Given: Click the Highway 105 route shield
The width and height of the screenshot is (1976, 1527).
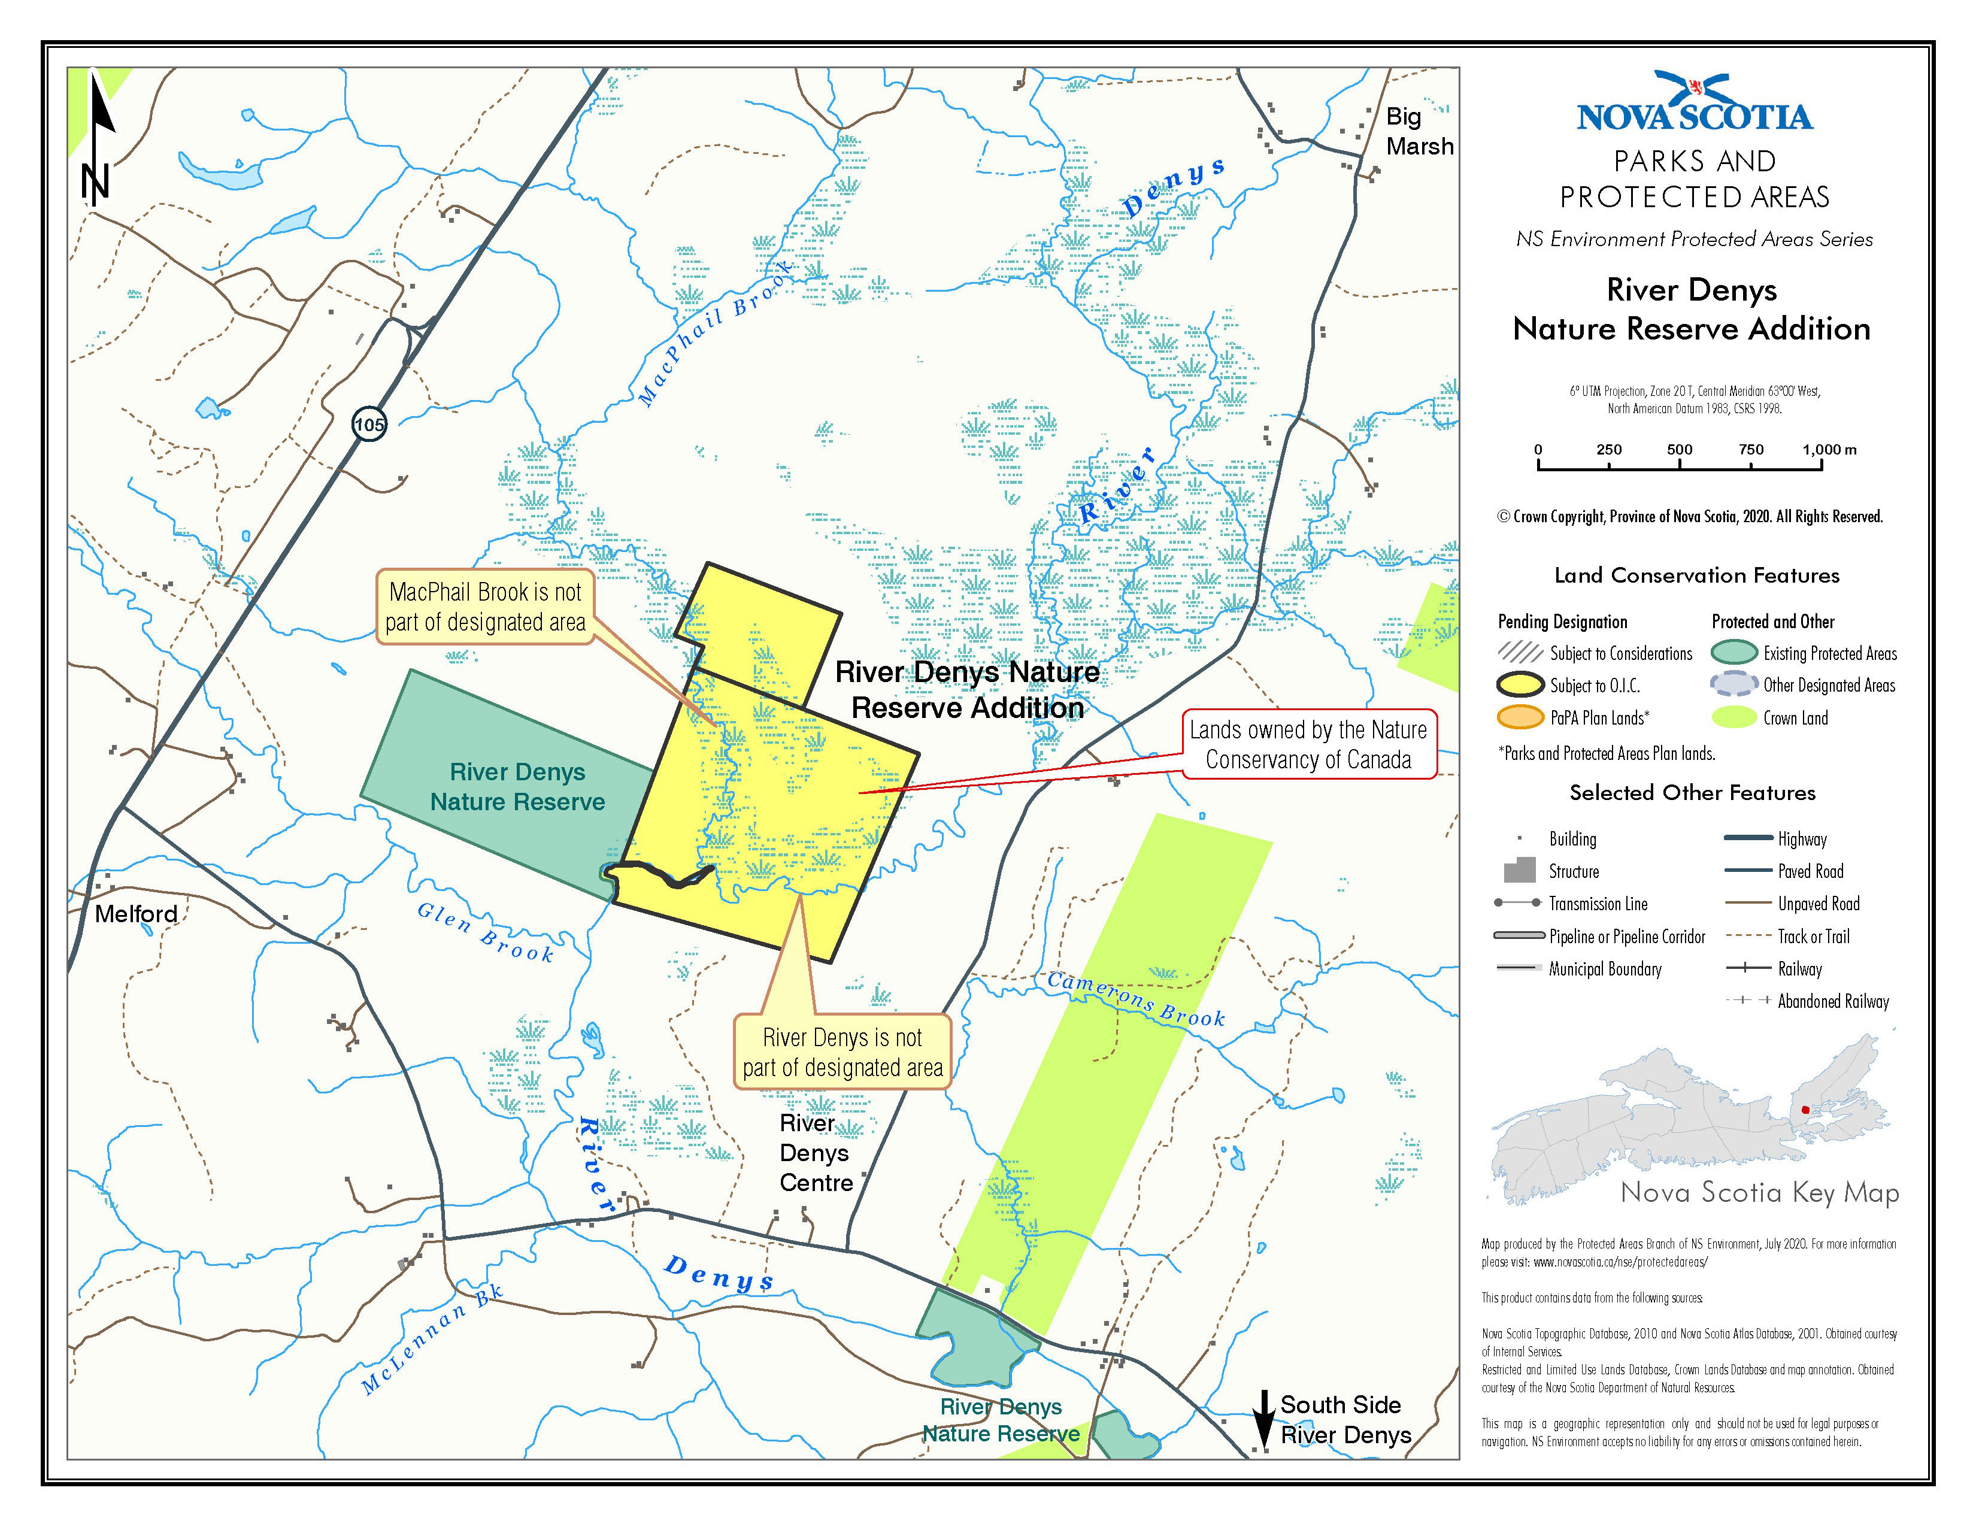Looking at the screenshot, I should [369, 425].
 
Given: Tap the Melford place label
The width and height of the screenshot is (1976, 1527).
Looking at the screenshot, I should [136, 914].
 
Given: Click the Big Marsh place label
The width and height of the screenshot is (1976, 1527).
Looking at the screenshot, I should [1419, 131].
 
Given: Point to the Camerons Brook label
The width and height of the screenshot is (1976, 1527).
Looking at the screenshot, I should [1135, 999].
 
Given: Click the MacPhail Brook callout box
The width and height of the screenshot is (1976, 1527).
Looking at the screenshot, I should [485, 607].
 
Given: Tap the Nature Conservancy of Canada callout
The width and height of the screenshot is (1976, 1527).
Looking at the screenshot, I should [1308, 744].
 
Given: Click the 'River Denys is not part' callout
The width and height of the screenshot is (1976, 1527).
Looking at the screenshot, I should [842, 1052].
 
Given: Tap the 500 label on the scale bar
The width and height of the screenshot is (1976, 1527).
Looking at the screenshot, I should [1679, 450].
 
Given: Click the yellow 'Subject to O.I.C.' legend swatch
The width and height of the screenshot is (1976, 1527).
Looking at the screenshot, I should [1520, 685].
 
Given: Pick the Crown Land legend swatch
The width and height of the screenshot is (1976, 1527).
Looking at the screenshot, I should [1733, 717].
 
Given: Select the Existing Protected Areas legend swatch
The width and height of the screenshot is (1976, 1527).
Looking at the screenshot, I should [1733, 652].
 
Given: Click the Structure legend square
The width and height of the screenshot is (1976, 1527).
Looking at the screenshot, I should [1520, 870].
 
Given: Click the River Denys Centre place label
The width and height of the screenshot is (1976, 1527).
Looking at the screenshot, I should [815, 1153].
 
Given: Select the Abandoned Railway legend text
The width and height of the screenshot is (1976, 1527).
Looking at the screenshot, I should [1833, 1001].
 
